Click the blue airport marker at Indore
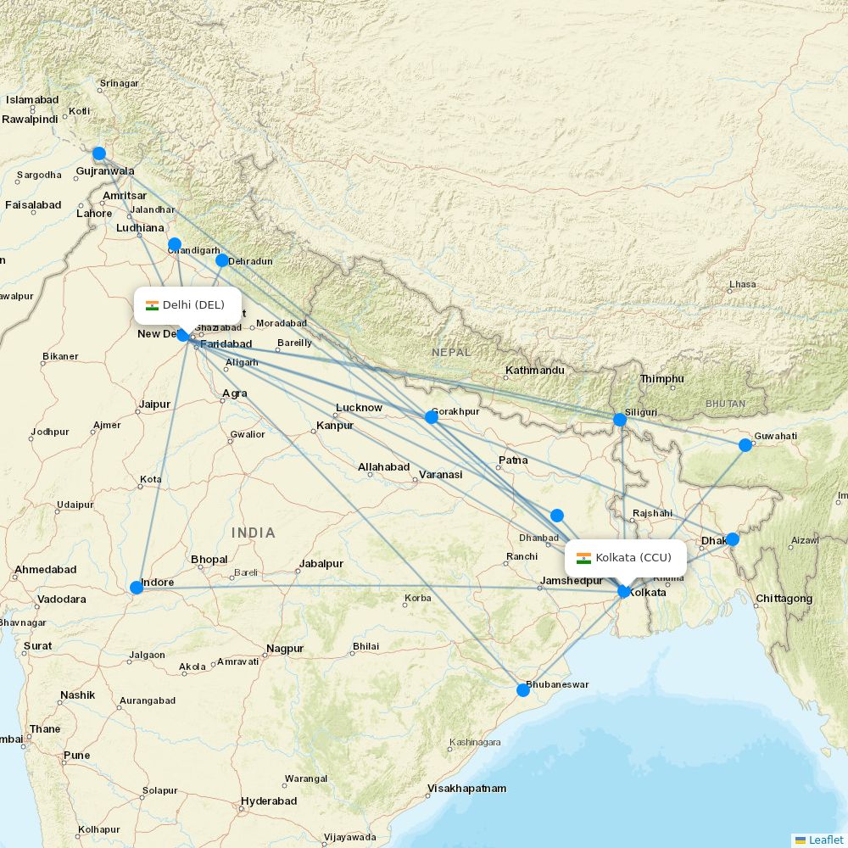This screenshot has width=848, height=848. pos(136,587)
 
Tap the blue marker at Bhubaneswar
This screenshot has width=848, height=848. pos(523,690)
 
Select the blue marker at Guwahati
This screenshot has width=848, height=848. pos(745,445)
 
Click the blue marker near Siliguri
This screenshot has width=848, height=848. pos(620,419)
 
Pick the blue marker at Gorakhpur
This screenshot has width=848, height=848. pos(432,416)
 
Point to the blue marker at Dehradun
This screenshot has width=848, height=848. pos(222,260)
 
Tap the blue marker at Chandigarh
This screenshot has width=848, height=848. pos(175,244)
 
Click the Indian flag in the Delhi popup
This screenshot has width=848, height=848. pos(153,305)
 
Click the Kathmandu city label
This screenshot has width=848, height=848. pos(534,371)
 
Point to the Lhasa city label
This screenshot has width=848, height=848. pos(742,285)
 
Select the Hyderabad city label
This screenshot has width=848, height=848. pos(269,801)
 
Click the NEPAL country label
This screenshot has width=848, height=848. pos(449,351)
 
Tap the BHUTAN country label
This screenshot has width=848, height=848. pos(725,404)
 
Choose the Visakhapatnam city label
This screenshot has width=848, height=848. pos(466,789)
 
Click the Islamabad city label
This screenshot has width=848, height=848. pos(32,100)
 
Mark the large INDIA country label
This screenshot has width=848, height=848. pos(253,533)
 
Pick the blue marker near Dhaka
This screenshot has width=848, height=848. pos(733,539)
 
